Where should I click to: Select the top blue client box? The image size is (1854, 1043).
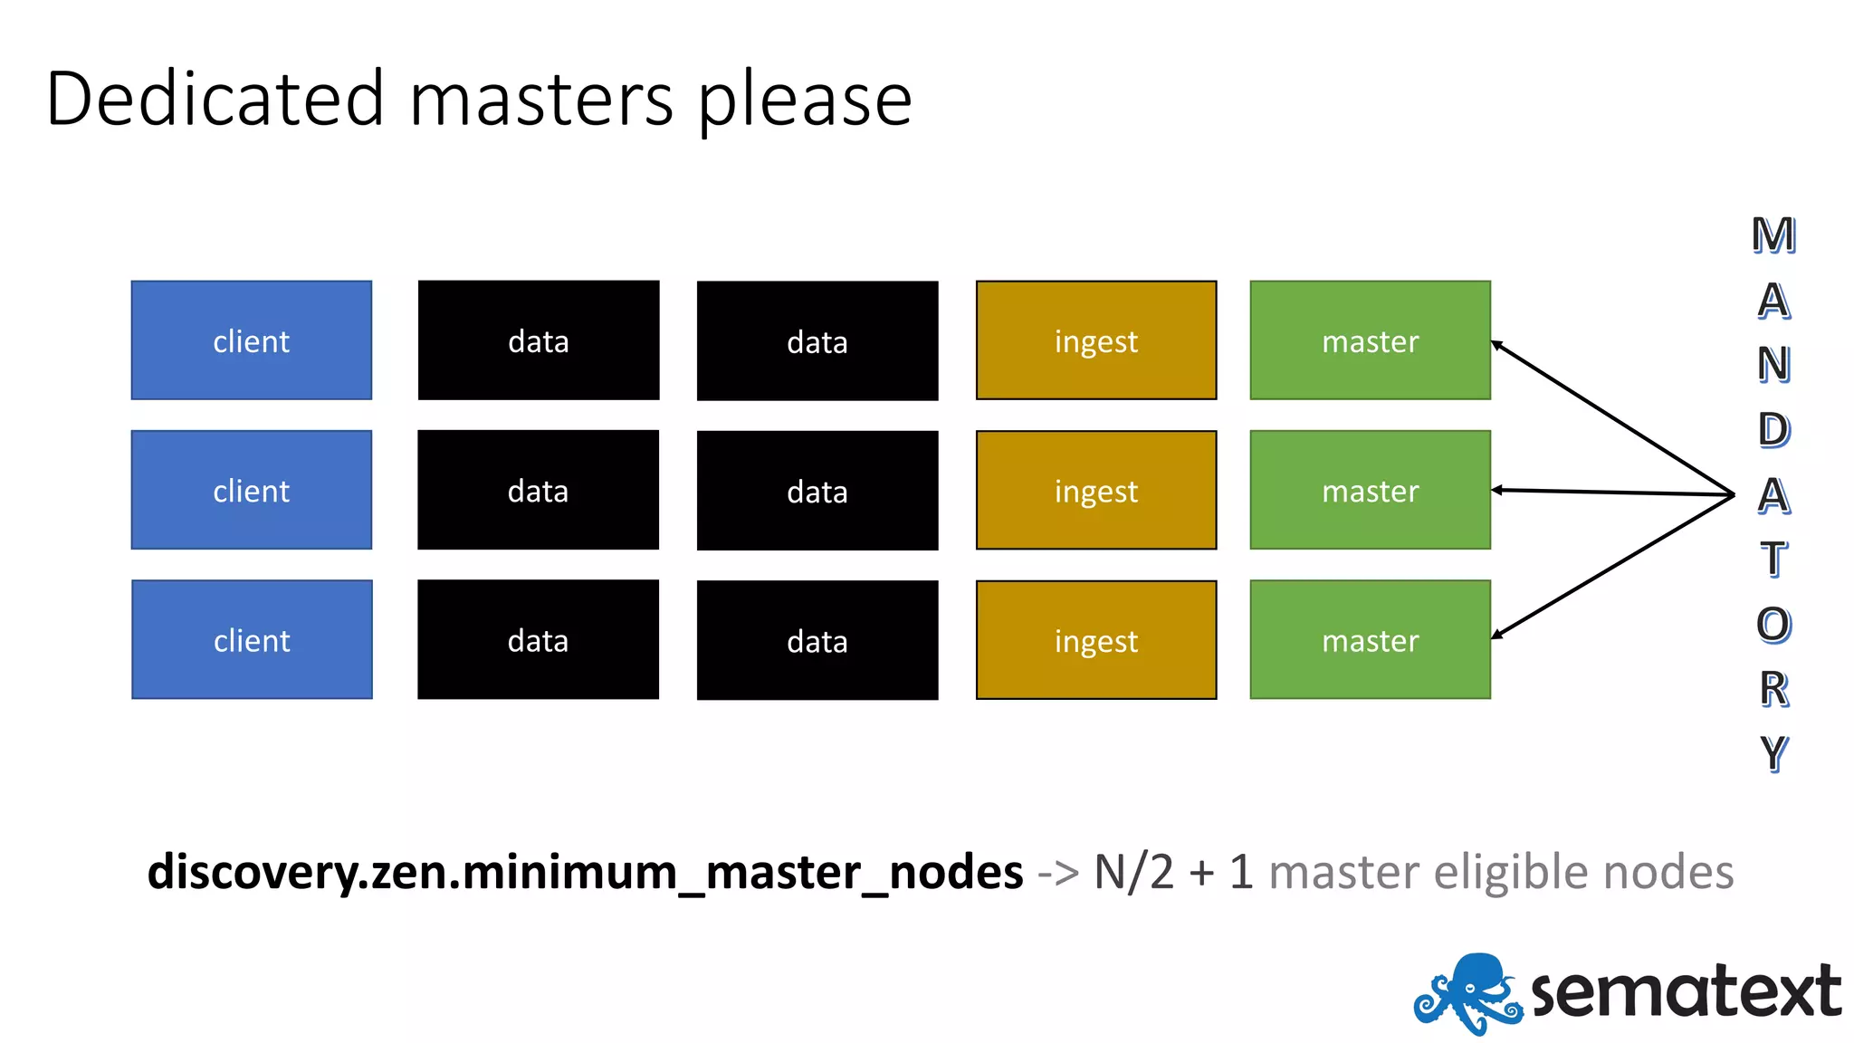252,340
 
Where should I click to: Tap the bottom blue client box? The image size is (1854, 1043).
252,640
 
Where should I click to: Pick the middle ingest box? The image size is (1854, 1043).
1095,491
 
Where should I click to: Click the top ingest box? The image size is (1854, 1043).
1095,340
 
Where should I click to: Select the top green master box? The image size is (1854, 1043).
1370,340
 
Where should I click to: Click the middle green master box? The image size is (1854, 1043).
1370,491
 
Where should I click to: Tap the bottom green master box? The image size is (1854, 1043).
1370,640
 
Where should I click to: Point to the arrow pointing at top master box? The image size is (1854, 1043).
1611,417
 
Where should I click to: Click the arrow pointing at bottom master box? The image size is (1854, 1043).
1611,567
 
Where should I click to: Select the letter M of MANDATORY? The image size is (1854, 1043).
1773,235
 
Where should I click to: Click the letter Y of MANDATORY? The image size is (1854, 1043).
1773,753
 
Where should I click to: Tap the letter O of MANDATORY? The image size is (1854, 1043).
1773,625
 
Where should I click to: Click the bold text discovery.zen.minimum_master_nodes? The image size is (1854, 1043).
585,873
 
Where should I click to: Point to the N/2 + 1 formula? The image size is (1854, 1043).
1173,873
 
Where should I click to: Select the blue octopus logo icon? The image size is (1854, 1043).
1467,993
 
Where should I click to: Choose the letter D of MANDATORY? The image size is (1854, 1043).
1773,430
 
